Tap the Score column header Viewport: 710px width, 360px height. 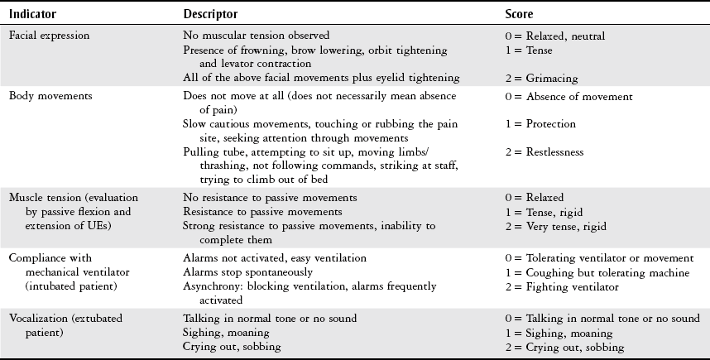(520, 15)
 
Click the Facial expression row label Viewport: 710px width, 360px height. (49, 36)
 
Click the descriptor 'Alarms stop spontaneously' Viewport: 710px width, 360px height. (248, 272)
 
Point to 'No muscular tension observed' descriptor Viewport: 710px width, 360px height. (257, 36)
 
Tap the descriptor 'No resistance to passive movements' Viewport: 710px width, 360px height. (271, 198)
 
